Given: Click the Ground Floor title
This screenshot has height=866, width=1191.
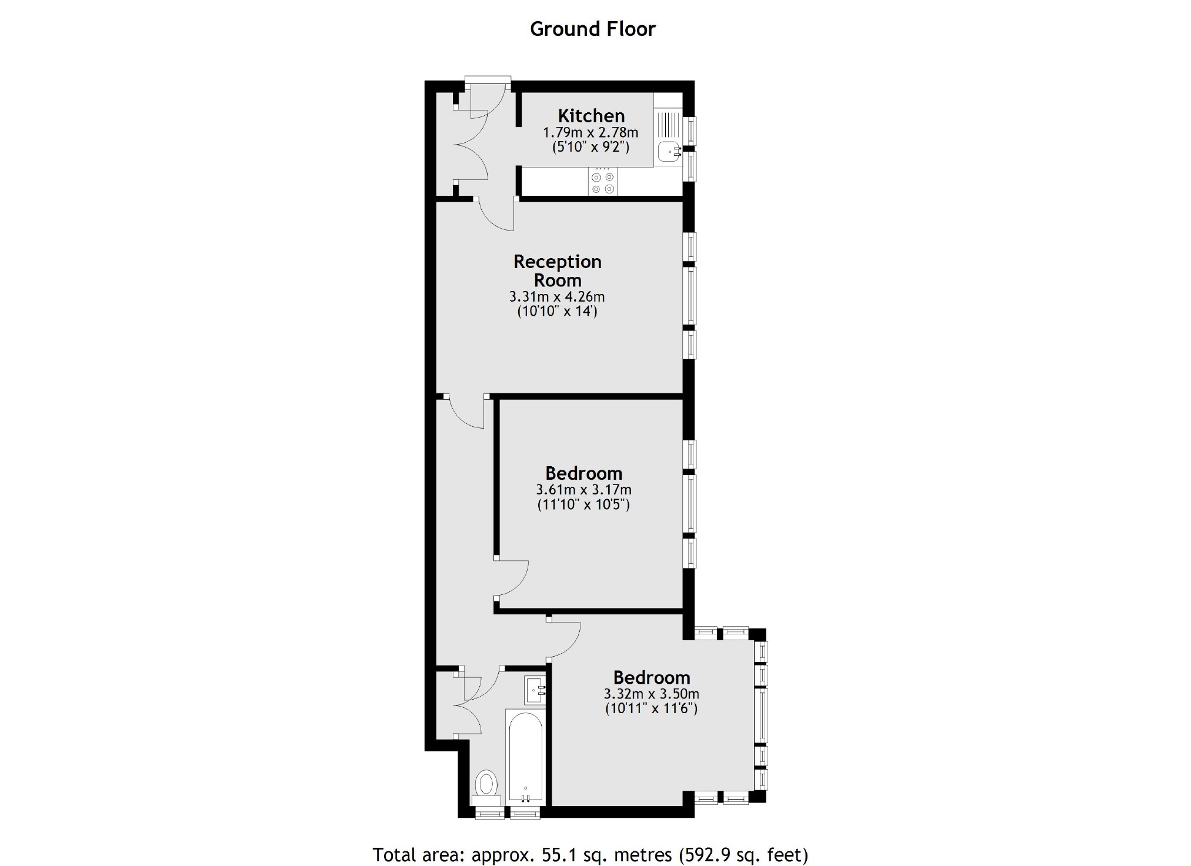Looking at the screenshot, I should (592, 29).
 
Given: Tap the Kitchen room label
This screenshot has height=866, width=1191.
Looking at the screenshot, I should (591, 116).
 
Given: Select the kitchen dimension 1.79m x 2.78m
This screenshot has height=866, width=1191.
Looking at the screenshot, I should (590, 132).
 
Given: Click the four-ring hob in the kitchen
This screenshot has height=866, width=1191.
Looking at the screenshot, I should (603, 182).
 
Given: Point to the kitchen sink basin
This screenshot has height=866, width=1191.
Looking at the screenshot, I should (668, 152).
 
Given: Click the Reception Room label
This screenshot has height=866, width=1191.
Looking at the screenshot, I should (557, 270).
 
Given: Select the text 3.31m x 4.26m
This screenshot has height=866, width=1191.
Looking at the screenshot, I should (556, 297).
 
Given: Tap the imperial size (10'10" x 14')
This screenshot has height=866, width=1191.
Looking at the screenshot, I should (556, 311).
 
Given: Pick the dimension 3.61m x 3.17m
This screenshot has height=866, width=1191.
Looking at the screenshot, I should (583, 490).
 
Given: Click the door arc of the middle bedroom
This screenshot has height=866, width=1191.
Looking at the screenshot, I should (513, 579).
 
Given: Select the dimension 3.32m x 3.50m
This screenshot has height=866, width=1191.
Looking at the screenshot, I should (651, 694).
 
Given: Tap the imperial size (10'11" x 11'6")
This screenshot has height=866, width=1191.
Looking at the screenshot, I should (651, 708).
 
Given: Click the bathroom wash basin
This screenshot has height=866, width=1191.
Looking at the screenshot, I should (535, 690).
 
